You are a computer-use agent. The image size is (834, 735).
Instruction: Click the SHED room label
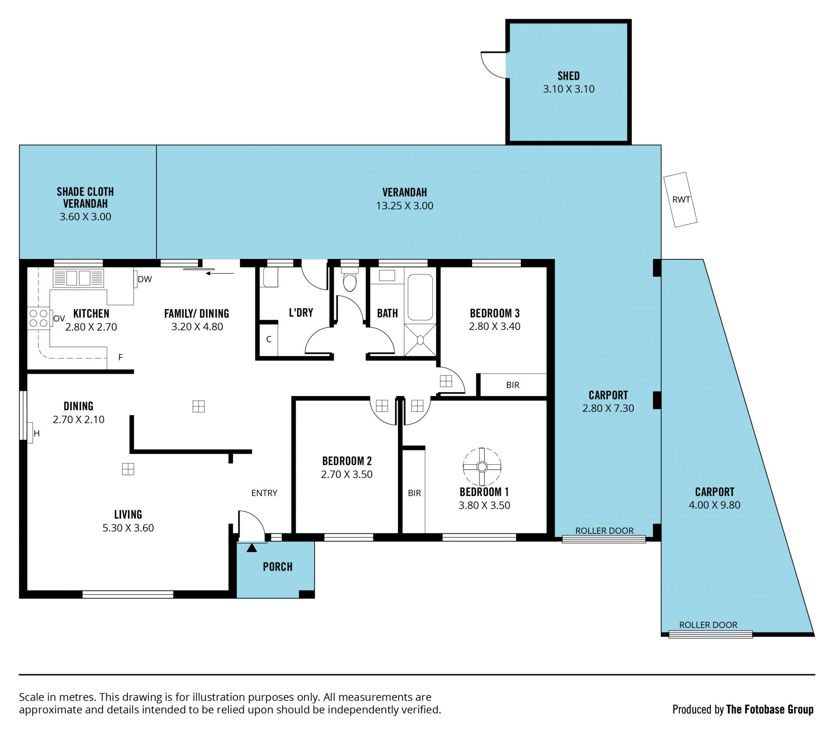coord(569,76)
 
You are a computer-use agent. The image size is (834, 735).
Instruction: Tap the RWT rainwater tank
coord(680,199)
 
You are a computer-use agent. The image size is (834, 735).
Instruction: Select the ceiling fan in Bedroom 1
coord(482,467)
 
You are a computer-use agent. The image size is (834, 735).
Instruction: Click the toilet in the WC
coord(350,280)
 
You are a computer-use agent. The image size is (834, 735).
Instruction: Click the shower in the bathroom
coord(420,340)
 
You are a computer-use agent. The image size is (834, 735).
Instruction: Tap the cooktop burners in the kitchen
coord(38,318)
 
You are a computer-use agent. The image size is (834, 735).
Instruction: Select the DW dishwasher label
coord(145,279)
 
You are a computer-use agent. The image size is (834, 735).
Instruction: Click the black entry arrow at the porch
coord(252,548)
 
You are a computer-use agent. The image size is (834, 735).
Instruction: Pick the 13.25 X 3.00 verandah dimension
coord(404,206)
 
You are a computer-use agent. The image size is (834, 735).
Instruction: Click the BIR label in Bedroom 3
coord(513,385)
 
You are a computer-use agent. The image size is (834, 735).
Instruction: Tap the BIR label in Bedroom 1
coord(414,493)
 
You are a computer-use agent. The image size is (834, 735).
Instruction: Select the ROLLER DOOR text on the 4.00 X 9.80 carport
coord(708,625)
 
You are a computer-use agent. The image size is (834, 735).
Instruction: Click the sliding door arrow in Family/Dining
coord(220,273)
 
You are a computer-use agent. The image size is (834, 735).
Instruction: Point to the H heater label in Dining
coord(36,433)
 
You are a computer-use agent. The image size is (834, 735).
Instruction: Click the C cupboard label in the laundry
coord(269,339)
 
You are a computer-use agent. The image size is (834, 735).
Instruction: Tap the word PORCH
coord(278,566)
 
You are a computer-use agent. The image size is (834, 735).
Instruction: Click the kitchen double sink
coord(78,278)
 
